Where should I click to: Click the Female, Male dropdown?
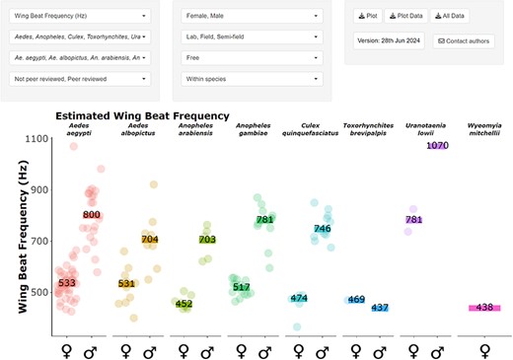[249, 17]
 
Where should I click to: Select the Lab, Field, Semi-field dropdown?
[249, 36]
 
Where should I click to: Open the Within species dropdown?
[249, 76]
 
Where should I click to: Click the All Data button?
[449, 17]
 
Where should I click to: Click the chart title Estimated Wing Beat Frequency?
[142, 116]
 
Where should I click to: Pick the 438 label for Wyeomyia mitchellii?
[483, 308]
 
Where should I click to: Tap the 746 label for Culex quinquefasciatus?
[322, 229]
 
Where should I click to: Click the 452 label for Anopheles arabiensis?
[183, 305]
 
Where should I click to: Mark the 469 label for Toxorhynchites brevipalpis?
[356, 300]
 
